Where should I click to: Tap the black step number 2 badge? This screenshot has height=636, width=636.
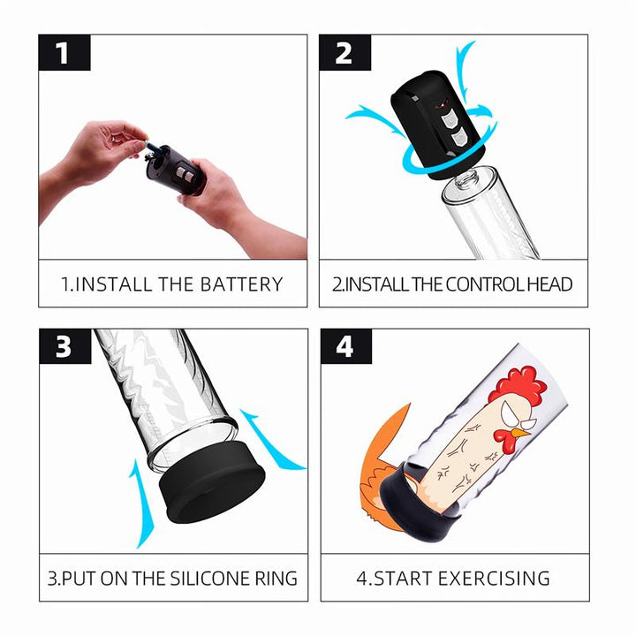pyautogui.click(x=344, y=53)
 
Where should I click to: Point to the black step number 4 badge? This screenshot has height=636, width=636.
pyautogui.click(x=344, y=346)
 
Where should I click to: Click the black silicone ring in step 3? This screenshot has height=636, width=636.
pyautogui.click(x=211, y=486)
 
